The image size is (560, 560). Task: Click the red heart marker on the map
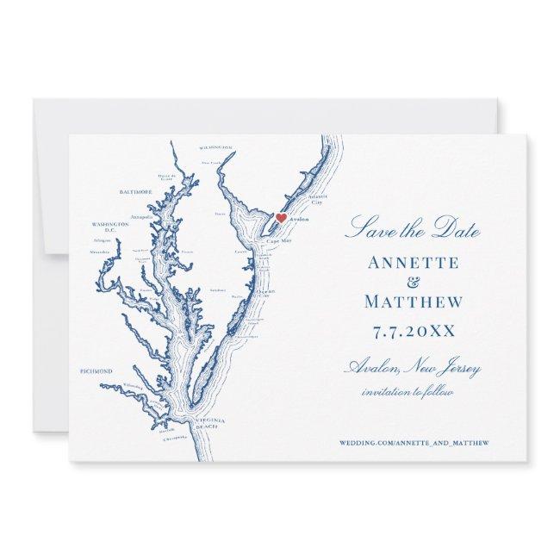[279, 217]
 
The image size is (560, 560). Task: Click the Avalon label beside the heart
[298, 221]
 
